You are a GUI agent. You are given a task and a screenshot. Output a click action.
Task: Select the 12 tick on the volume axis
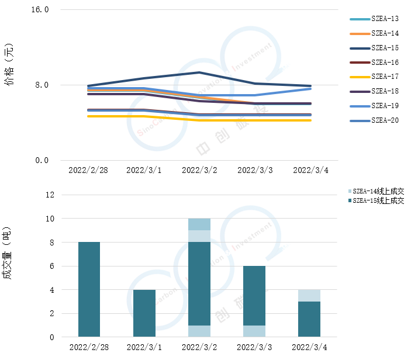pyautogui.click(x=49, y=195)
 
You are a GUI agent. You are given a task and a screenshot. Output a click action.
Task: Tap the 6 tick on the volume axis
pyautogui.click(x=51, y=266)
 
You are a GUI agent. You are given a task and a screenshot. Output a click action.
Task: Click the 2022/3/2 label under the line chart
pyautogui.click(x=199, y=170)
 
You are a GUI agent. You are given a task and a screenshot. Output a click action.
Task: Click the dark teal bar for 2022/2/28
pyautogui.click(x=89, y=289)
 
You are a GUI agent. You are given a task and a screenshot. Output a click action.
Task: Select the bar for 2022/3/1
pyautogui.click(x=144, y=313)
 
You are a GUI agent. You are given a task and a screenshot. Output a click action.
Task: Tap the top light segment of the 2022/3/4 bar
pyautogui.click(x=309, y=295)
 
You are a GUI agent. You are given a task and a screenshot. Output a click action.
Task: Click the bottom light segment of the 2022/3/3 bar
pyautogui.click(x=254, y=331)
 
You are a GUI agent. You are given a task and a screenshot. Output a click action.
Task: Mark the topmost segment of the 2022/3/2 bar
pyautogui.click(x=199, y=224)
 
